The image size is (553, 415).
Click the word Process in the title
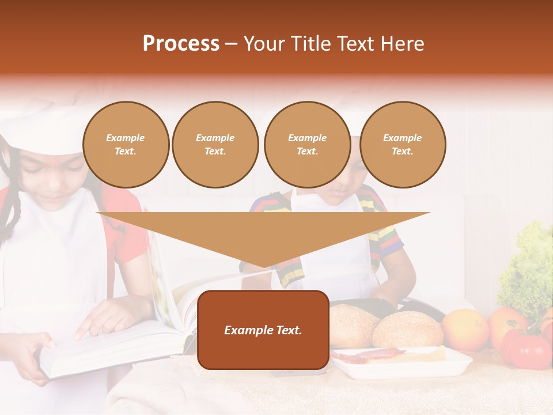pyautogui.click(x=181, y=44)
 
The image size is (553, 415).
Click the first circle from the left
pyautogui.click(x=126, y=145)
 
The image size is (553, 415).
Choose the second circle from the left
pyautogui.click(x=215, y=145)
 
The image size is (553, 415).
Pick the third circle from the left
pyautogui.click(x=307, y=145)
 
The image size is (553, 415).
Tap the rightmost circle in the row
pyautogui.click(x=402, y=145)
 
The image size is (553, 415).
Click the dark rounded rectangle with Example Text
pyautogui.click(x=263, y=330)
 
